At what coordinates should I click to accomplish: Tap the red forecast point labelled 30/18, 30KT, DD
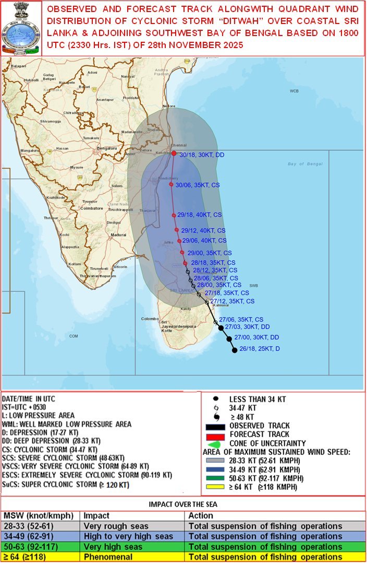(x=174, y=153)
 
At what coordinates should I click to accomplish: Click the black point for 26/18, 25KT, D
(x=235, y=350)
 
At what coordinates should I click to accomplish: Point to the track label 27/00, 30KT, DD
(x=256, y=337)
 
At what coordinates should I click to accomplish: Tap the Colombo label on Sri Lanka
(x=150, y=319)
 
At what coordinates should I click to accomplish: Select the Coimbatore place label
(x=91, y=208)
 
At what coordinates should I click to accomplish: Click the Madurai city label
(x=119, y=235)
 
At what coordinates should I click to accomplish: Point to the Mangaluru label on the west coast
(x=30, y=150)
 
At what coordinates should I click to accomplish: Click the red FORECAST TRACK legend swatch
(x=219, y=435)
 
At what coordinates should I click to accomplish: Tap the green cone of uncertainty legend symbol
(x=219, y=443)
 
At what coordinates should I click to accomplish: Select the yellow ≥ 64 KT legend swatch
(x=219, y=487)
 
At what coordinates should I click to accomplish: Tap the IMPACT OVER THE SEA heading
(x=183, y=505)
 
